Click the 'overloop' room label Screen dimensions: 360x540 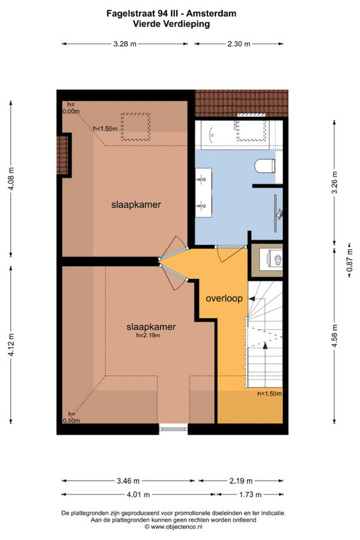pyautogui.click(x=224, y=298)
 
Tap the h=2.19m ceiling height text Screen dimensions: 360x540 pyautogui.click(x=148, y=335)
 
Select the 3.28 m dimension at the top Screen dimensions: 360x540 pyautogui.click(x=125, y=44)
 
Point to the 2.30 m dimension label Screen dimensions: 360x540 pyautogui.click(x=238, y=44)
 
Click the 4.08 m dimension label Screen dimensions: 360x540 pyautogui.click(x=11, y=178)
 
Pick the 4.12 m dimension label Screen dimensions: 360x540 pyautogui.click(x=11, y=345)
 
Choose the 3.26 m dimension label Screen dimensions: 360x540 pyautogui.click(x=334, y=182)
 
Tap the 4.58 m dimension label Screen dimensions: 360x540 pyautogui.click(x=334, y=335)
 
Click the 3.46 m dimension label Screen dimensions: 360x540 pyautogui.click(x=128, y=481)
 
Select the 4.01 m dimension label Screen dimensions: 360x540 pyautogui.click(x=138, y=495)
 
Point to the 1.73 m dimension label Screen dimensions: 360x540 pyautogui.click(x=251, y=495)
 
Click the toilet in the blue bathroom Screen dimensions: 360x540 pyautogui.click(x=265, y=165)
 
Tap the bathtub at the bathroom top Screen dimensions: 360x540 pyautogui.click(x=232, y=134)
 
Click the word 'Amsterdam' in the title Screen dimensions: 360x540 pyautogui.click(x=211, y=13)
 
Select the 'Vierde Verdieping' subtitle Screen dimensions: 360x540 pyautogui.click(x=171, y=24)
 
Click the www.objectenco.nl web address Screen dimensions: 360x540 pyautogui.click(x=176, y=526)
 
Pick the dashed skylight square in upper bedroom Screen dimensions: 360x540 pyautogui.click(x=135, y=126)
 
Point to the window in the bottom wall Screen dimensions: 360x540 pyautogui.click(x=174, y=429)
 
